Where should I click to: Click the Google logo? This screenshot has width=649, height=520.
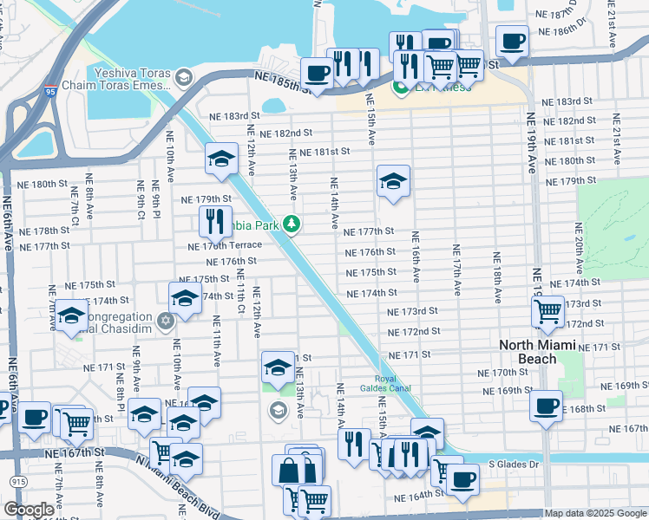[x=29, y=510]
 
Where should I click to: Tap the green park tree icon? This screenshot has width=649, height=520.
[x=292, y=224]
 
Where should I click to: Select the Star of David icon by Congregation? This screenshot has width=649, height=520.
[x=166, y=322]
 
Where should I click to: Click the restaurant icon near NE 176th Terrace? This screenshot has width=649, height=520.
[x=214, y=221]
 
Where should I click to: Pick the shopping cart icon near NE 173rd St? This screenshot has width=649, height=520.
[x=547, y=309]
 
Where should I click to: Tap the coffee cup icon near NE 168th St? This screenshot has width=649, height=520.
[x=547, y=406]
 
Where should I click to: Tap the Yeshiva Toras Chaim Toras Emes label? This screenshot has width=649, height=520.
[x=129, y=88]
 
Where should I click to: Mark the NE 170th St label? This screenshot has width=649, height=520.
[x=503, y=373]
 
